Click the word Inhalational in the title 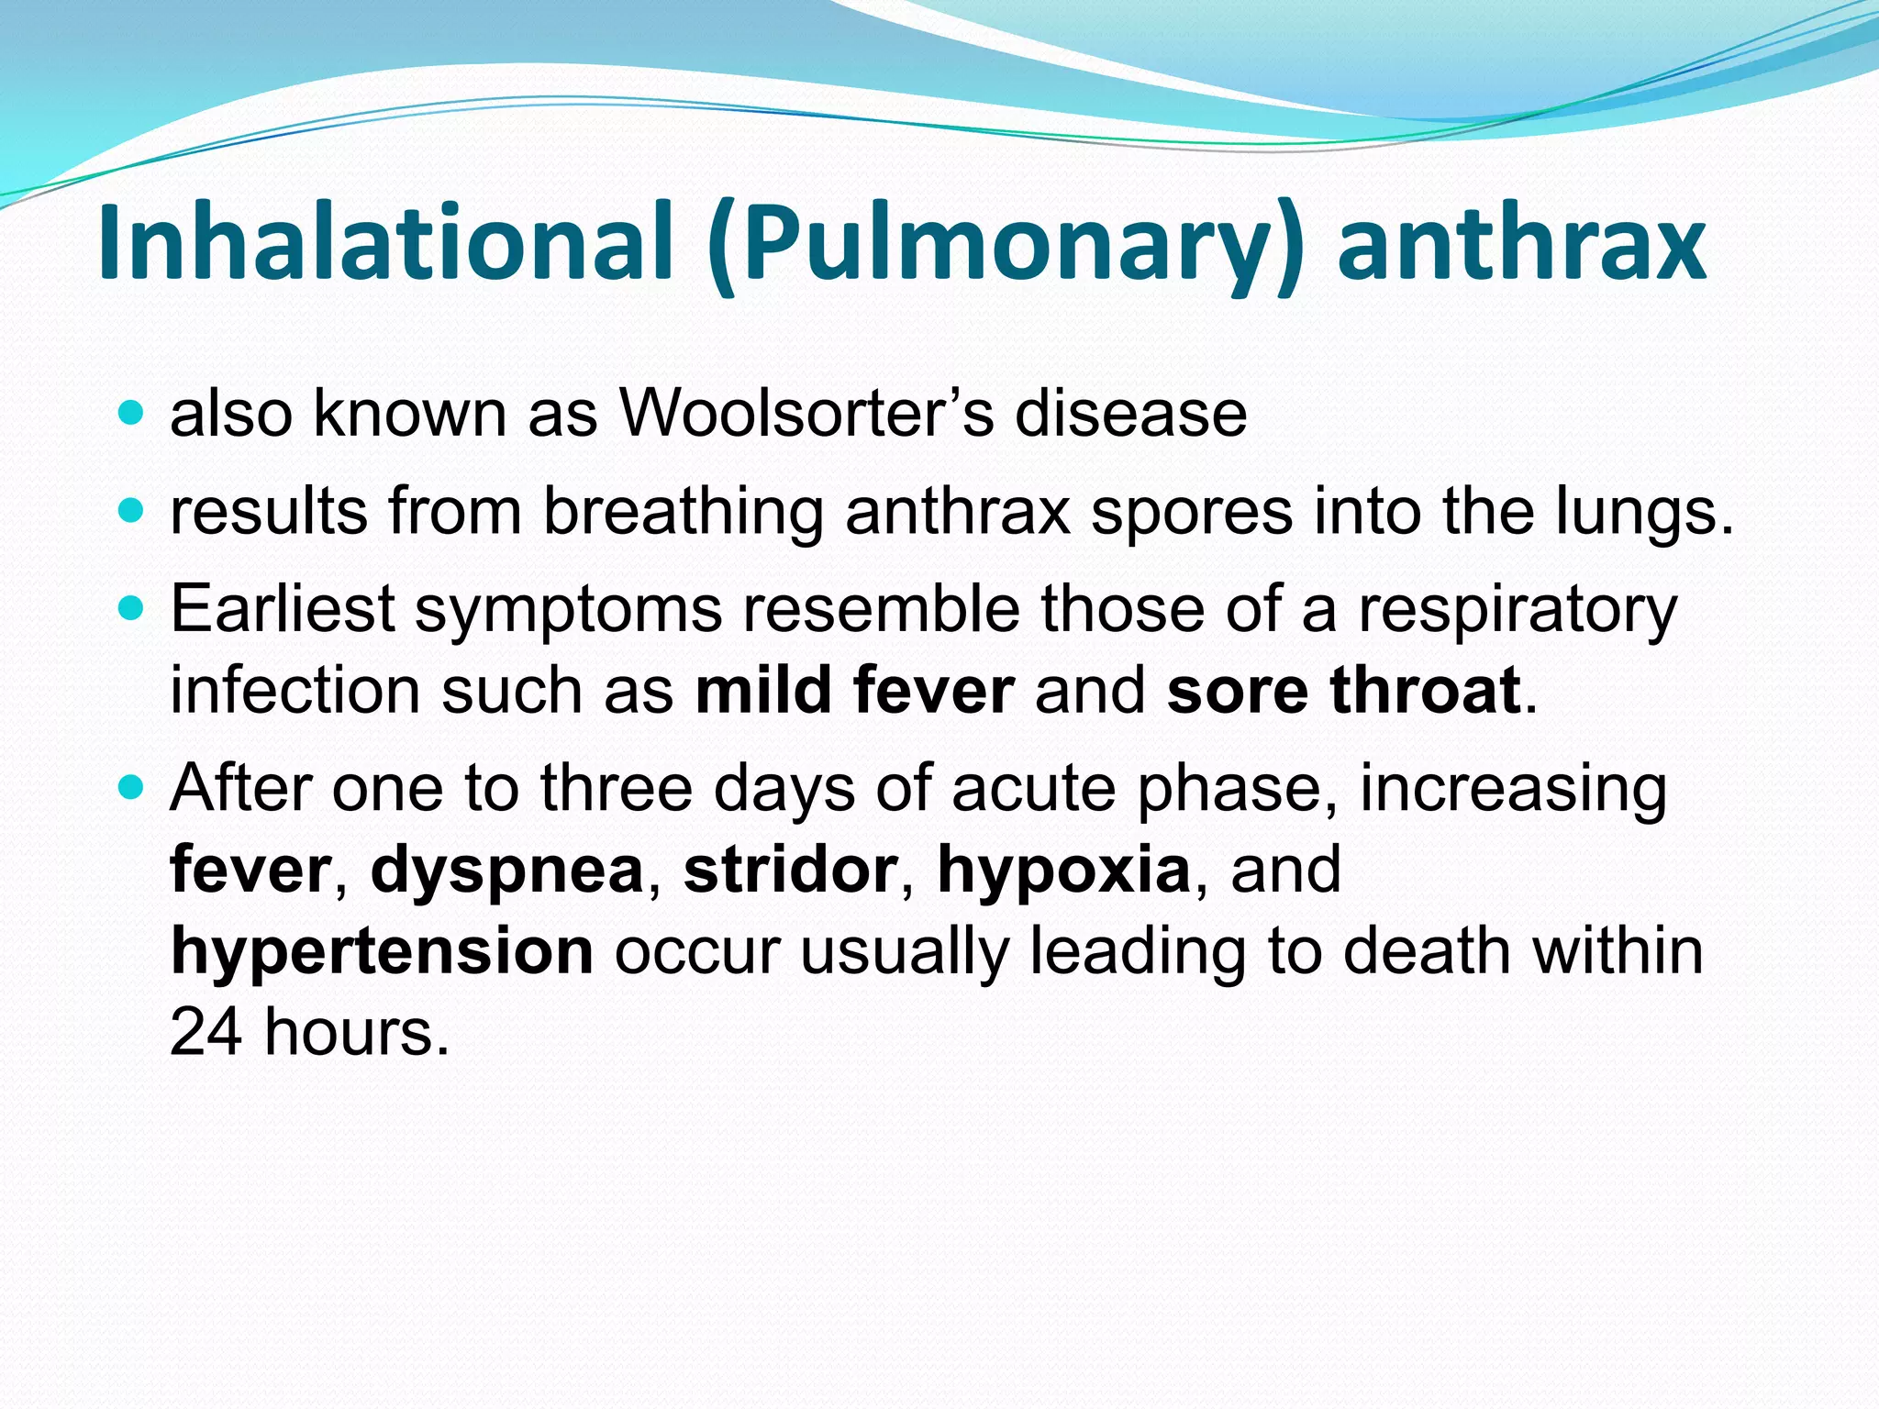point(385,242)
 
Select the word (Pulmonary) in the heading point(1005,244)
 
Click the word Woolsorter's point(806,413)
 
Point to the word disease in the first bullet point(1130,413)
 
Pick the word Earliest point(283,609)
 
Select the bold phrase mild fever point(854,690)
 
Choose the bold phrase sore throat point(1343,690)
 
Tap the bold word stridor point(790,870)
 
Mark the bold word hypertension point(382,952)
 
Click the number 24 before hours point(206,1033)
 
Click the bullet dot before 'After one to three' point(132,786)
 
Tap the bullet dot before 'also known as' point(132,412)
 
